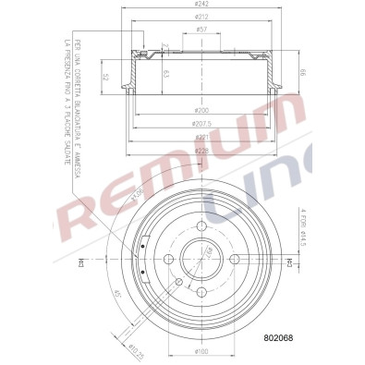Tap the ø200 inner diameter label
click(202, 110)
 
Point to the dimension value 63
click(166, 75)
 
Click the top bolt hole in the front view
click(202, 227)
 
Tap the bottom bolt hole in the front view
click(202, 291)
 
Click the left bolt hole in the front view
click(170, 260)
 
